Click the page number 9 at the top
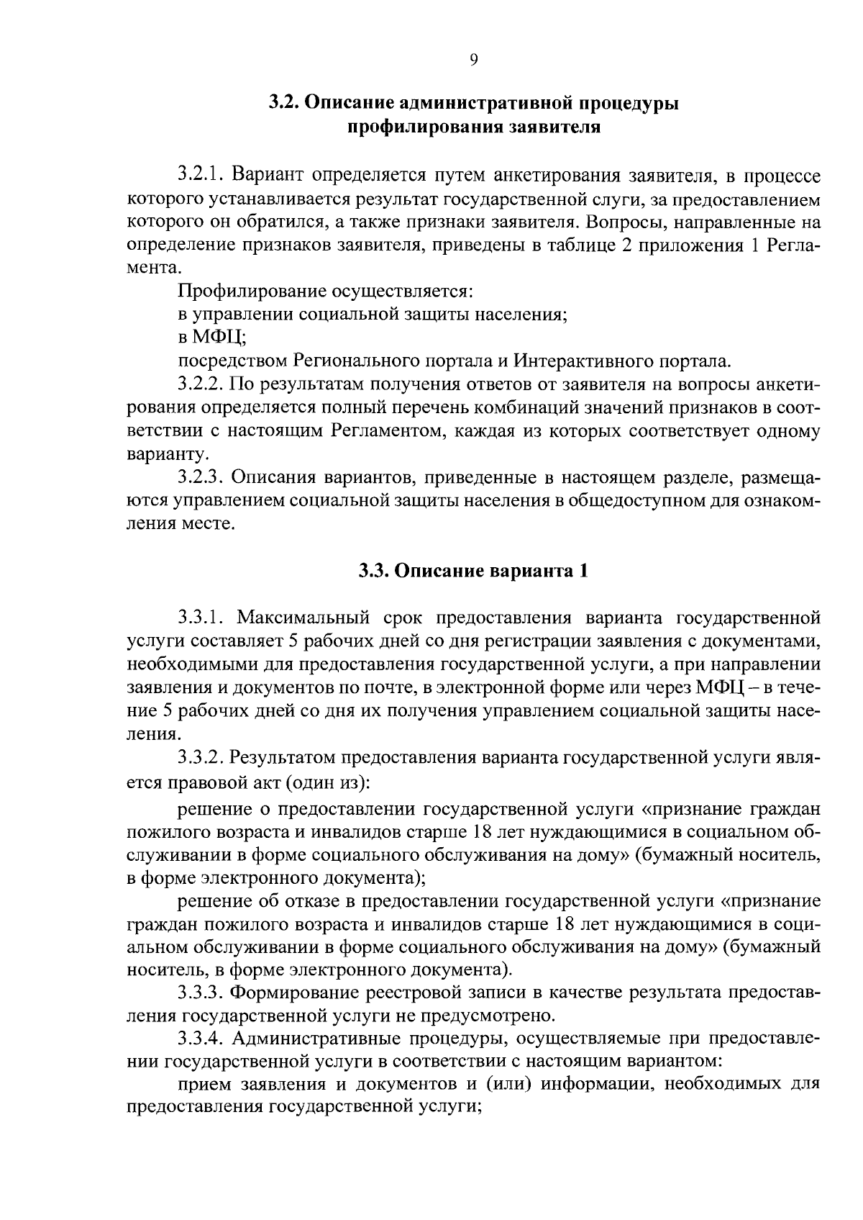tap(473, 60)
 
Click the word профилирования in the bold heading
tap(416, 128)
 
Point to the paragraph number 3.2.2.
tap(203, 385)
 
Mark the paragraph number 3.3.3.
tap(203, 993)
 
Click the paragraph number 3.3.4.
tap(203, 1039)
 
